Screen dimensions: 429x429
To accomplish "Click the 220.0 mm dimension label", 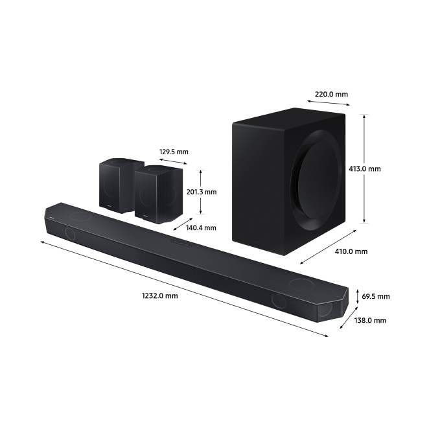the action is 331,95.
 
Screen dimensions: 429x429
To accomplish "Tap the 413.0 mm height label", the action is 365,168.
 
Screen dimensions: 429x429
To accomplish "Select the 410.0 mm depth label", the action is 351,251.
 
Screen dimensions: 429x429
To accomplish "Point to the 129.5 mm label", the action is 174,152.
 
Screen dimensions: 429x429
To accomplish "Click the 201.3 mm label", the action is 202,192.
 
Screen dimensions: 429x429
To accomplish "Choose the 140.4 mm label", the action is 201,228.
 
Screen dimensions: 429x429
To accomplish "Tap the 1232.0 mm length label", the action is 160,296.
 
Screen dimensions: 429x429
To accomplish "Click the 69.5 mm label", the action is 376,296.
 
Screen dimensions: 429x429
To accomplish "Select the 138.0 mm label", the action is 370,320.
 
